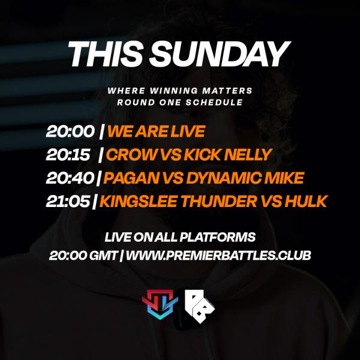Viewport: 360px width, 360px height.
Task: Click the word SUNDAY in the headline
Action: point(220,55)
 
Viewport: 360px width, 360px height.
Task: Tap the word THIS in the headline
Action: point(106,55)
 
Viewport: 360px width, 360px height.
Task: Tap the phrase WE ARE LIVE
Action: point(156,131)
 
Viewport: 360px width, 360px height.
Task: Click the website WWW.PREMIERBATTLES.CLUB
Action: point(218,255)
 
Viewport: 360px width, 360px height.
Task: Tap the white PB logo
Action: point(199,303)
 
